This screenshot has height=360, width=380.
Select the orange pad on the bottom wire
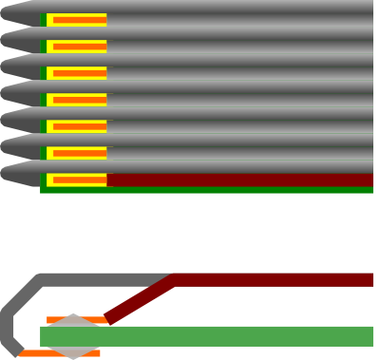click(79, 180)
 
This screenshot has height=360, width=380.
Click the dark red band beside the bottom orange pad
click(237, 180)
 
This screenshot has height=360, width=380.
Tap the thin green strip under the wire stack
click(209, 190)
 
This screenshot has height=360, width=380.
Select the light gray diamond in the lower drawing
click(73, 336)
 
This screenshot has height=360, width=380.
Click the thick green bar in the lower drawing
click(237, 336)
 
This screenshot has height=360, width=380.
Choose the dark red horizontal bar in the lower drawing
click(275, 279)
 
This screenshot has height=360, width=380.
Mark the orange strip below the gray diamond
click(38, 353)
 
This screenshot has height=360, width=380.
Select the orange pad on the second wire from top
click(79, 46)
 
